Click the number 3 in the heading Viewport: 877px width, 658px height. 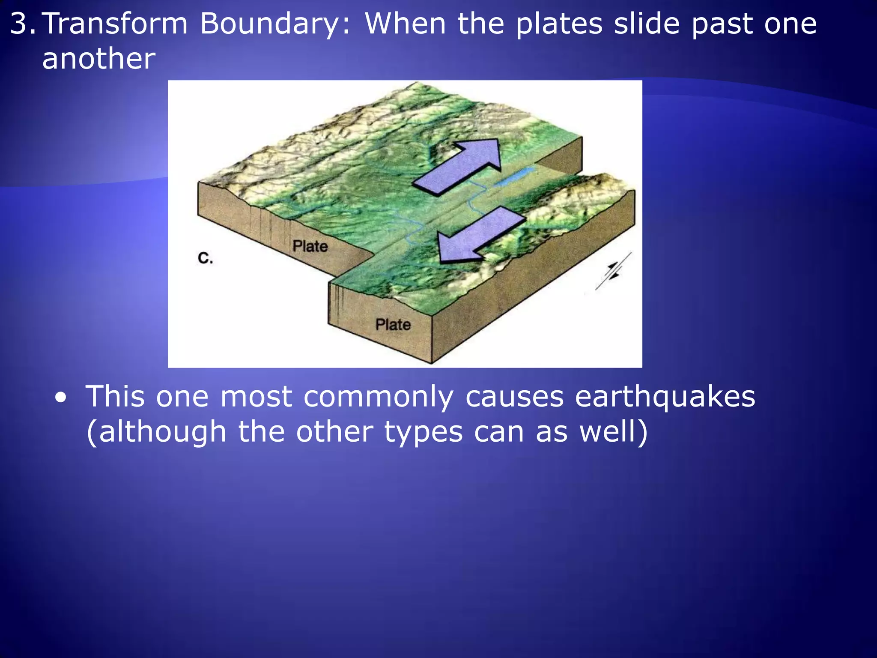[19, 24]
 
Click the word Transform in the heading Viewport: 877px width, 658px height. [116, 24]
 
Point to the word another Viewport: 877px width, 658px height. [98, 59]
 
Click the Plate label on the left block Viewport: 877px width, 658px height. [310, 246]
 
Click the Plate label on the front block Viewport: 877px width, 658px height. [393, 324]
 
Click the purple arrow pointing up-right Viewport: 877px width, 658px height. [460, 167]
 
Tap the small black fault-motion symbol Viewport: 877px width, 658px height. [613, 271]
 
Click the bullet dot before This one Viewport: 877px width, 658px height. [61, 398]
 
